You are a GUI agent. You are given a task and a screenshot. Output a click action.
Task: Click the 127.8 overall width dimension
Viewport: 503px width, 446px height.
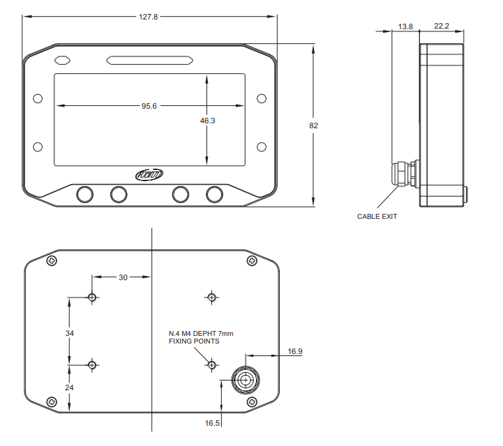point(149,16)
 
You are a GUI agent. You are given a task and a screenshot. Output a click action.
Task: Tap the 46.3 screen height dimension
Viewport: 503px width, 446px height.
point(208,121)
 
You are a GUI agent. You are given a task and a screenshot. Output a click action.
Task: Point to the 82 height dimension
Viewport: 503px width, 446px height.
point(313,125)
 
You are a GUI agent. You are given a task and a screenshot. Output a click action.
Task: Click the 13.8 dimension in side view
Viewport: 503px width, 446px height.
point(405,26)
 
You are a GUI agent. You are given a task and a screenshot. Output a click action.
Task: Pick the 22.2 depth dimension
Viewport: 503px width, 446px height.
point(441,26)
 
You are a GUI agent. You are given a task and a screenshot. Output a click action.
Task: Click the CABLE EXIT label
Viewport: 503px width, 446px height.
point(377,217)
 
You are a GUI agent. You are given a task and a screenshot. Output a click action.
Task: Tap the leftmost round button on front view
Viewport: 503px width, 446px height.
point(86,194)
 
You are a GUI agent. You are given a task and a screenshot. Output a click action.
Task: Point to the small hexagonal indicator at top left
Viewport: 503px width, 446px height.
point(62,61)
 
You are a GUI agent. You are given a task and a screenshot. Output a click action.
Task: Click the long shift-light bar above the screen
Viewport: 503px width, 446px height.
point(149,61)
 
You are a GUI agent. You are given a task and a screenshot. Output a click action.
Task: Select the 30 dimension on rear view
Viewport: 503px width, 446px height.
point(123,277)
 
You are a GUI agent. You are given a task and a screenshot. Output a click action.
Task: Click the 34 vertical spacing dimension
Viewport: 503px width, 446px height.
point(69,334)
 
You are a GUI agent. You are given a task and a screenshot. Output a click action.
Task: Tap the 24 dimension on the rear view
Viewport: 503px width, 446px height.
point(69,387)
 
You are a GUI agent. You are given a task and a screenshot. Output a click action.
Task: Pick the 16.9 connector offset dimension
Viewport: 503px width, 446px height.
point(295,352)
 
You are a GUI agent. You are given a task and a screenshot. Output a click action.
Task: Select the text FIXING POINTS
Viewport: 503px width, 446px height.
point(194,341)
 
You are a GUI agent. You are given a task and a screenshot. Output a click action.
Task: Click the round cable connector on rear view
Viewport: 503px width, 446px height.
point(245,380)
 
